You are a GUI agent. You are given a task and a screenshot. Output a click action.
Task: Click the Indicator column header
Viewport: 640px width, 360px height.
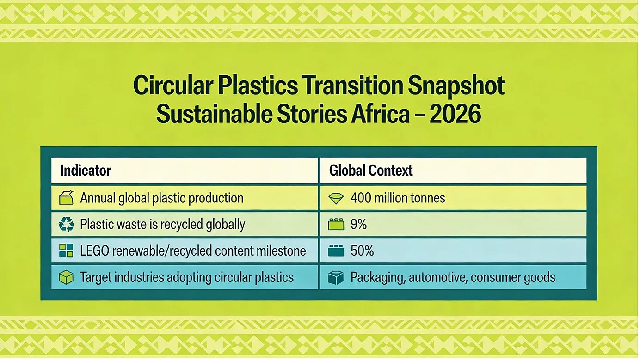86,171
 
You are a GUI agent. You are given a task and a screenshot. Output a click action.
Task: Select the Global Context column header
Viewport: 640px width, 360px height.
371,171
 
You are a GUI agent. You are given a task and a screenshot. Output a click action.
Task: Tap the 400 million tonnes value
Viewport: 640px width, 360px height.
398,198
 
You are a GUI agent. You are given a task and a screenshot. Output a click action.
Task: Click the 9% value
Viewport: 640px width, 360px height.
358,224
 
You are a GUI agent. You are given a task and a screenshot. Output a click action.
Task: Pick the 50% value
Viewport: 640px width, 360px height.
362,250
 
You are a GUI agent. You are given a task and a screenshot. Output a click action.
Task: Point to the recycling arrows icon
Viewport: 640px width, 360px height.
66,224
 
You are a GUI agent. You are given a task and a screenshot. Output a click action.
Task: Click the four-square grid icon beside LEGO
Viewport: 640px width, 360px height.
66,250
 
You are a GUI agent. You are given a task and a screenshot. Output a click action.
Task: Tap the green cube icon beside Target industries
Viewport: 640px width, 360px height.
66,277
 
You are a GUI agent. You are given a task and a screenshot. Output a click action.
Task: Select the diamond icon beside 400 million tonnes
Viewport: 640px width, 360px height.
336,198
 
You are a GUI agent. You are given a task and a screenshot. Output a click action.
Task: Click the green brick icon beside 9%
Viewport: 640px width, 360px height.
336,225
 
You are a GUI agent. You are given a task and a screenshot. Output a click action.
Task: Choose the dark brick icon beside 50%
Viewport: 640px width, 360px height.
336,250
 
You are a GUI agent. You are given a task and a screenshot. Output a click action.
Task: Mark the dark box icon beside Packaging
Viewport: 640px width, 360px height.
336,277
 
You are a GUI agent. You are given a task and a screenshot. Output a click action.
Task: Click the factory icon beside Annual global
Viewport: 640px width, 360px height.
67,197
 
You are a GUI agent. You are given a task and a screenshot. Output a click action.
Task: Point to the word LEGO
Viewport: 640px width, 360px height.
95,250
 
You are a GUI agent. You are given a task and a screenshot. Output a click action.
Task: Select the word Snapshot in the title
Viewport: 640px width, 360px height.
455,85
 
